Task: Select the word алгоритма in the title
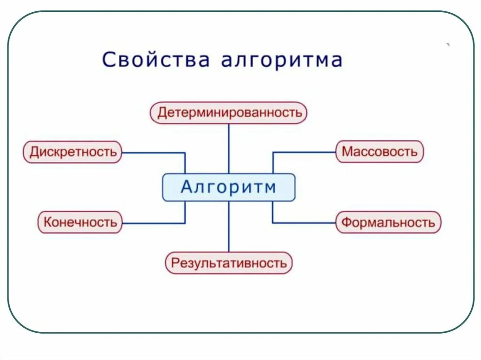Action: coord(281,60)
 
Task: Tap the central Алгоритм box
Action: coord(229,187)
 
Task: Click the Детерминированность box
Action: coord(229,113)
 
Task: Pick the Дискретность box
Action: coord(73,152)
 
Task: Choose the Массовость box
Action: coord(379,152)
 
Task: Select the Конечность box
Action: coord(80,222)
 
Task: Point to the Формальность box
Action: coord(388,222)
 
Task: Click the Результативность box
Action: coord(229,263)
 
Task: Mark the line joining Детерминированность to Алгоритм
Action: coord(229,148)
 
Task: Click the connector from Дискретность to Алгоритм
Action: coord(155,153)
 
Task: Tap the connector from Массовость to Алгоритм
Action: coord(303,152)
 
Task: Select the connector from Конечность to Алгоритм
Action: coord(155,223)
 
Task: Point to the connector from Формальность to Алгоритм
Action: coord(303,222)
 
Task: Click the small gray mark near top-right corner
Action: coord(448,45)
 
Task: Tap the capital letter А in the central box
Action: coord(187,187)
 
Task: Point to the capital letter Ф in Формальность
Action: coord(347,222)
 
